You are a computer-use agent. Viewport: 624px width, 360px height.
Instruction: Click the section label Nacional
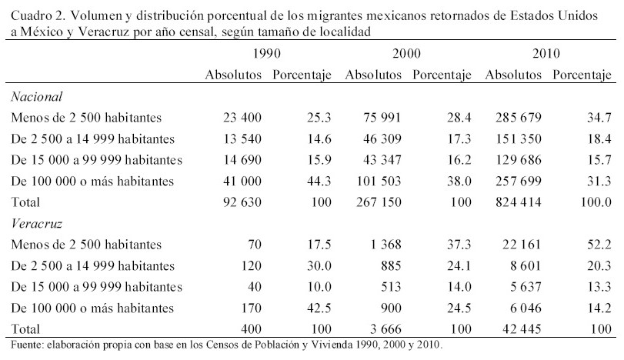[36, 97]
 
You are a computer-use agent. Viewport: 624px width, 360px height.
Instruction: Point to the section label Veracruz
[36, 223]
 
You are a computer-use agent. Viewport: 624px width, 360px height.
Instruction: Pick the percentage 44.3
[319, 182]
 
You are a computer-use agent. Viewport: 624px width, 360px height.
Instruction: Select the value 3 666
[385, 329]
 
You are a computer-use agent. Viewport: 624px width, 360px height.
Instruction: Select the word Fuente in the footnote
[22, 344]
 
